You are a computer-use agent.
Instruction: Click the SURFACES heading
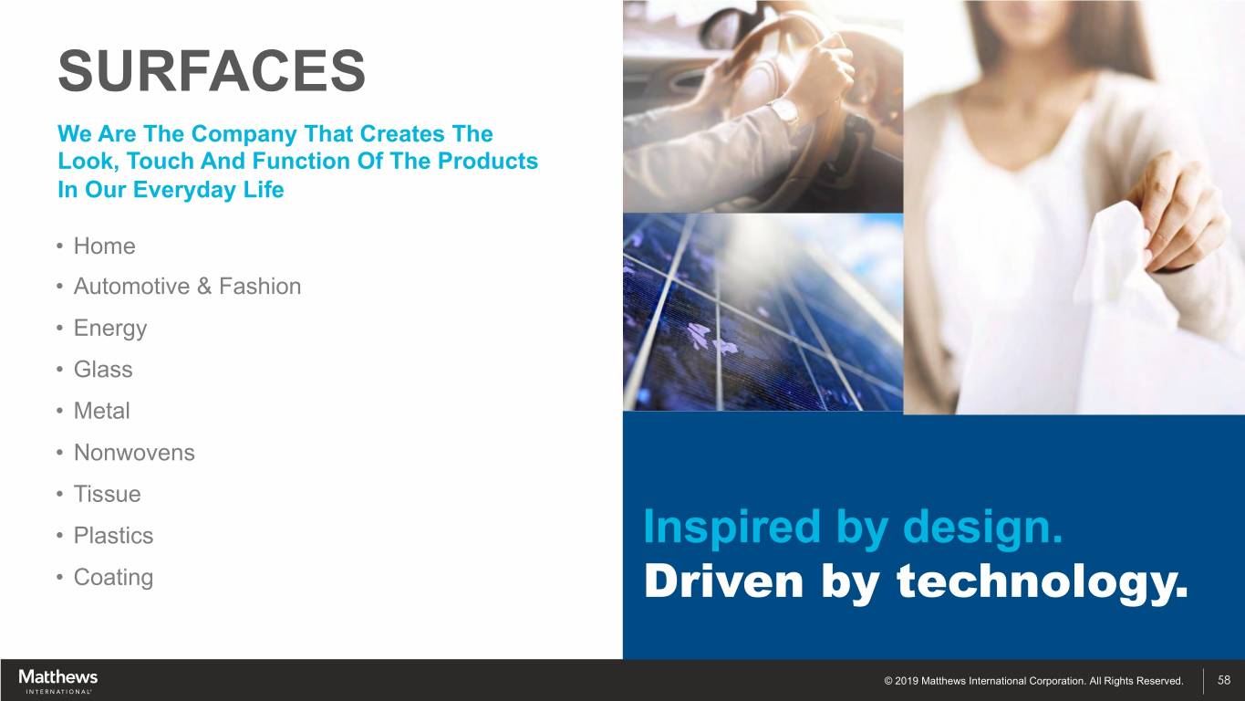point(212,70)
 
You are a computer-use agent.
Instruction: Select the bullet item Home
point(105,246)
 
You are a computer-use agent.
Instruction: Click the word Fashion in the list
point(260,287)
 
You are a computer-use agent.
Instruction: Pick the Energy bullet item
point(110,329)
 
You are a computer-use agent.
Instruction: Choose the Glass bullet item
point(103,370)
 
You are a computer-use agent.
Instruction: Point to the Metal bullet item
point(102,411)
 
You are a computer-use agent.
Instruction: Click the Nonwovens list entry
point(134,453)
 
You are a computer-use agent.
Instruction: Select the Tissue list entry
point(108,494)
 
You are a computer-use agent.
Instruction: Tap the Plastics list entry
point(113,535)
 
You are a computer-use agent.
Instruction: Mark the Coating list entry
point(113,578)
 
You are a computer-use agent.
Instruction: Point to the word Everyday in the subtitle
point(184,190)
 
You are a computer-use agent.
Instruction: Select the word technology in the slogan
point(1042,581)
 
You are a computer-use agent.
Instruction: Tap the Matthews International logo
point(57,681)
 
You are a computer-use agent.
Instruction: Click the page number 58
point(1224,680)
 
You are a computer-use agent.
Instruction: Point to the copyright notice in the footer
point(1033,680)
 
